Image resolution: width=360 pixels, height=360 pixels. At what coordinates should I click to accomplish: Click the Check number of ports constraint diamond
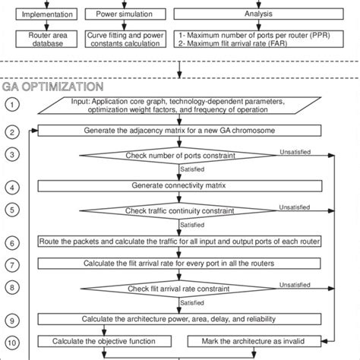coord(181,156)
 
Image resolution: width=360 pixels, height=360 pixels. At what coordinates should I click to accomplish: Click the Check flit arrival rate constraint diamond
coord(181,289)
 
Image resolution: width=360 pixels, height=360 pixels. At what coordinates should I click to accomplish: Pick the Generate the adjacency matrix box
coord(181,131)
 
